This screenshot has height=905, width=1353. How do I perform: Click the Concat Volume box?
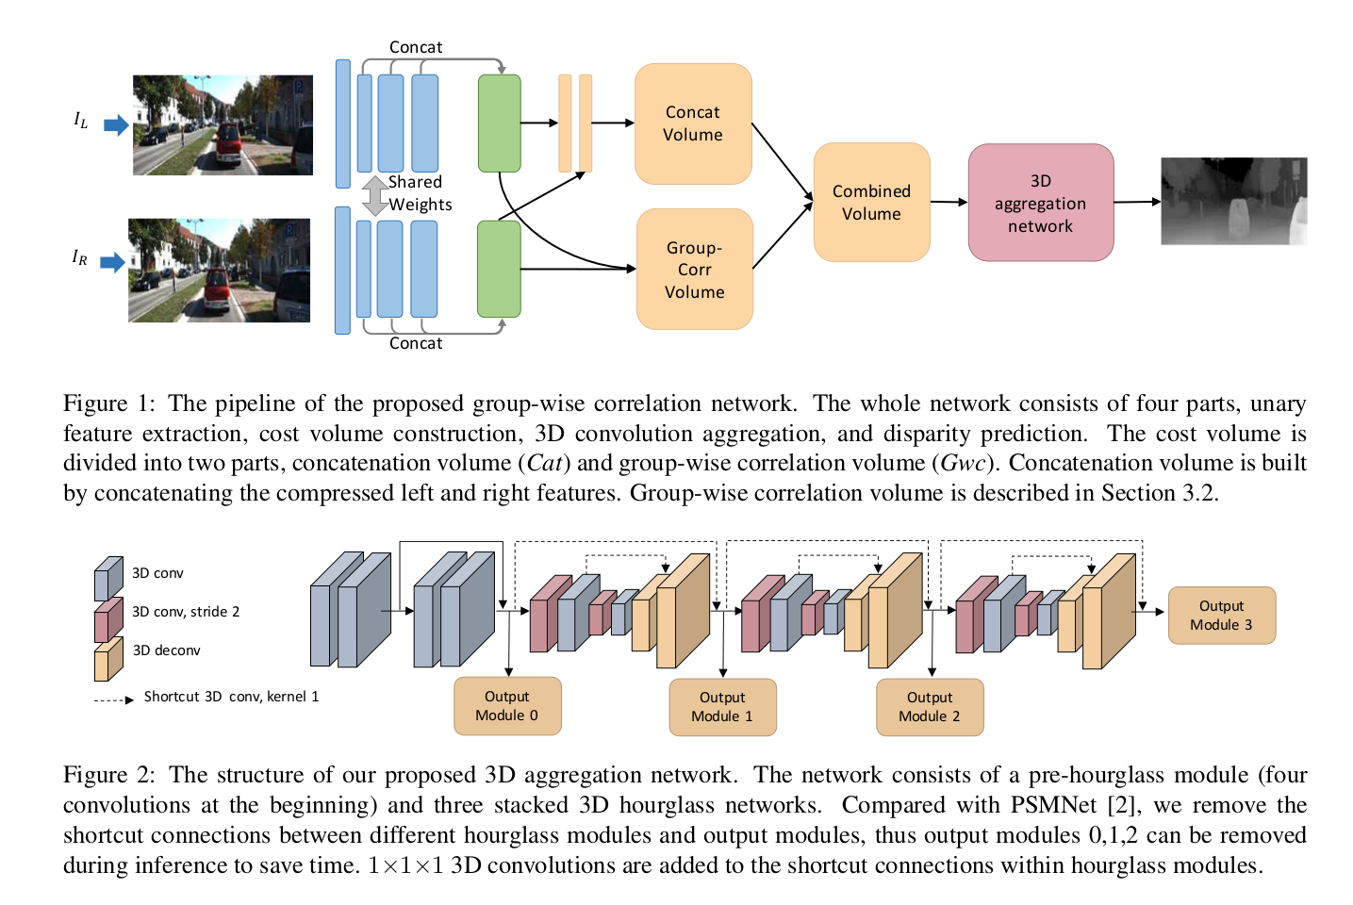click(x=693, y=123)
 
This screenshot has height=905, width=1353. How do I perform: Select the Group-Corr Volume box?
click(x=694, y=270)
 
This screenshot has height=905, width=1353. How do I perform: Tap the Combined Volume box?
click(x=871, y=202)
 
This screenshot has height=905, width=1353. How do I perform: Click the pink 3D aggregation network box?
click(x=1040, y=203)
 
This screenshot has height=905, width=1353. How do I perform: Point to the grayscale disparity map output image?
click(x=1233, y=201)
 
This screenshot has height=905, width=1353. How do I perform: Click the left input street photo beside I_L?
click(x=223, y=125)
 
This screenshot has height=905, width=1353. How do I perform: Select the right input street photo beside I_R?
click(x=219, y=271)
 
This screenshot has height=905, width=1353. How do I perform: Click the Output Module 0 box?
click(x=507, y=706)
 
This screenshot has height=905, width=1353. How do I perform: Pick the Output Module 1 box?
click(x=722, y=707)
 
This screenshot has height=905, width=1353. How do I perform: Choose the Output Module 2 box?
click(x=930, y=707)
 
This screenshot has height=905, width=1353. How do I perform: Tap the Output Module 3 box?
click(x=1221, y=616)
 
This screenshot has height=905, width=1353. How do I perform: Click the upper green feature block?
click(x=500, y=123)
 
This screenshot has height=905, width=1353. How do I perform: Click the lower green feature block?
click(x=499, y=269)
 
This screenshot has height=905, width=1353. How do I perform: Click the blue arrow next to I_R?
click(x=113, y=262)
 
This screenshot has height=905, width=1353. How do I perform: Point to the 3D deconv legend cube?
click(x=108, y=658)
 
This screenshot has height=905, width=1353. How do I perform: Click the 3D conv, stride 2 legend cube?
click(x=108, y=618)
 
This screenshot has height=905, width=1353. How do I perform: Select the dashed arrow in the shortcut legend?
click(x=114, y=700)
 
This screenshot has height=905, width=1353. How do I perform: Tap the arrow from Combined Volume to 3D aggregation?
click(x=949, y=202)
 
